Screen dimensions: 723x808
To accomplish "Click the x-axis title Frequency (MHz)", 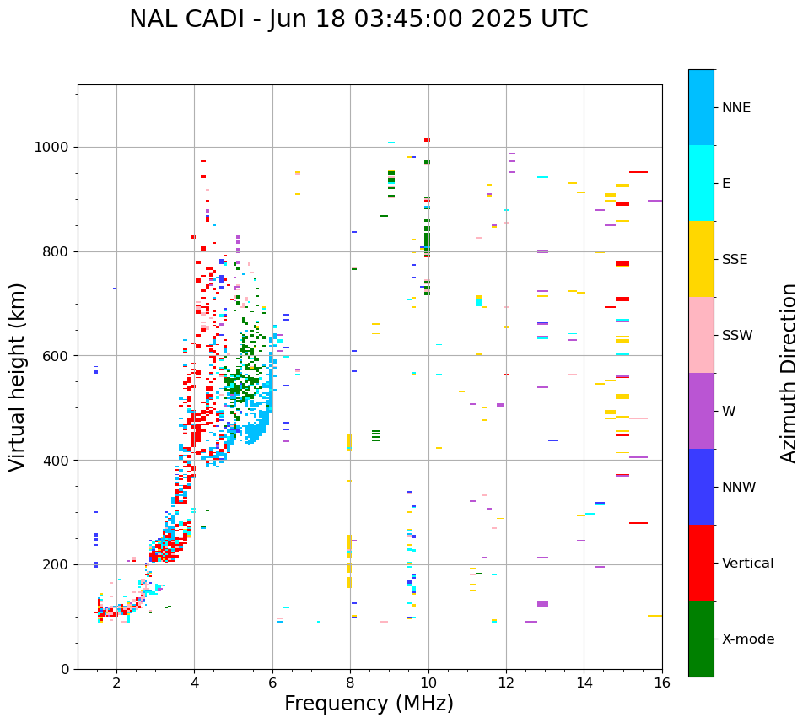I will click(x=369, y=704).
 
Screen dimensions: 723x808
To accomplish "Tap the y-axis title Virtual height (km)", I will click(x=18, y=376).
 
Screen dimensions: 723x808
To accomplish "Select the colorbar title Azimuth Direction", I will click(x=789, y=373).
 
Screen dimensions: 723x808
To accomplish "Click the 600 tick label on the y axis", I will click(x=59, y=355).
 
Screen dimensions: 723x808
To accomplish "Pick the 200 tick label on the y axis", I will click(x=59, y=564).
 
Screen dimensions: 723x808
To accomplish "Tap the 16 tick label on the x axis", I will click(x=662, y=682).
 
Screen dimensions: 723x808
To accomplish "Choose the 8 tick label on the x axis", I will click(x=350, y=682).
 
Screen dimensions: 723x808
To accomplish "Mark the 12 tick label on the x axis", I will click(x=506, y=682).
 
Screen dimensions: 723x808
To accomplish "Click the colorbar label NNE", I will click(x=736, y=107).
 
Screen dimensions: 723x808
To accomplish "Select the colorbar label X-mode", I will click(x=748, y=639).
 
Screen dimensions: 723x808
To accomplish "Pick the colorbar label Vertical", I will click(x=748, y=563).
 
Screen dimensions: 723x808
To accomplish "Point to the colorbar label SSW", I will click(x=737, y=335).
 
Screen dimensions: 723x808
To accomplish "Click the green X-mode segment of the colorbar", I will click(x=701, y=639).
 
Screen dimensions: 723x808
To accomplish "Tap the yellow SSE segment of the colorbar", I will click(x=701, y=259).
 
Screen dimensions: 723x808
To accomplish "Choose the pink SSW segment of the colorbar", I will click(x=701, y=335).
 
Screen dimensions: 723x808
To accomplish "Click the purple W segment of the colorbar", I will click(x=701, y=411).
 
